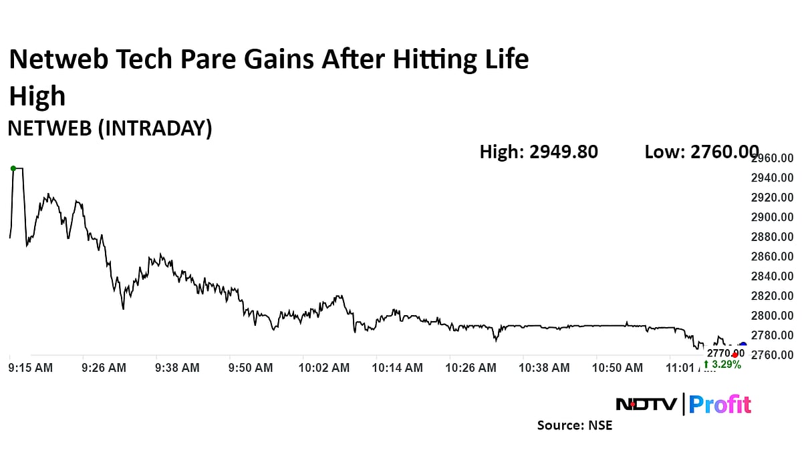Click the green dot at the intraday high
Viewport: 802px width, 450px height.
13,168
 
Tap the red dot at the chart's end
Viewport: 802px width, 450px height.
734,355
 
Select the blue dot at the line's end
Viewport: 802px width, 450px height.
743,345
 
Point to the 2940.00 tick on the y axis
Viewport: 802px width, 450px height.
772,178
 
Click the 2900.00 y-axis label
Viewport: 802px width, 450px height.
772,217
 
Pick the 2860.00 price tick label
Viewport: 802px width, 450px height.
772,256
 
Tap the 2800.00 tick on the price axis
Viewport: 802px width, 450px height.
772,315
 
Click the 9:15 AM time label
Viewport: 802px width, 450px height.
30,368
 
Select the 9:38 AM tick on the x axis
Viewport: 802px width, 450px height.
177,368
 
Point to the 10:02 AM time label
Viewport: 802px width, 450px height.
324,368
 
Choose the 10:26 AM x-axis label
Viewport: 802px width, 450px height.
471,368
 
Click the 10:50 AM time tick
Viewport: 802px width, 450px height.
618,368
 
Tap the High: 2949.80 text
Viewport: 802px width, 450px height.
539,152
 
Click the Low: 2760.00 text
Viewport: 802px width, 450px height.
701,152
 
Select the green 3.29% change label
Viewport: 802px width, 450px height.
722,365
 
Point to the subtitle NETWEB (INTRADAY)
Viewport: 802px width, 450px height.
110,129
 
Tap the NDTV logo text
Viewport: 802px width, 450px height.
646,405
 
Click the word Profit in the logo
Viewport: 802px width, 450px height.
720,405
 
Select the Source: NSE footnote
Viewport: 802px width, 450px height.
575,425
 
